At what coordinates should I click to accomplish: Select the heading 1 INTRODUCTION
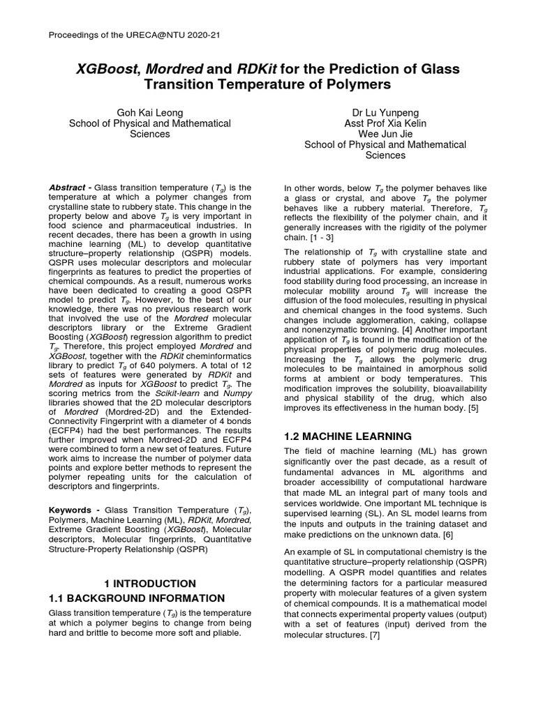coord(149,583)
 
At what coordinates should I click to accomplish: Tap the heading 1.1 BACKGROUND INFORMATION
coord(137,598)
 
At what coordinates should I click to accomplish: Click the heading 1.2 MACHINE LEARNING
coord(348,436)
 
